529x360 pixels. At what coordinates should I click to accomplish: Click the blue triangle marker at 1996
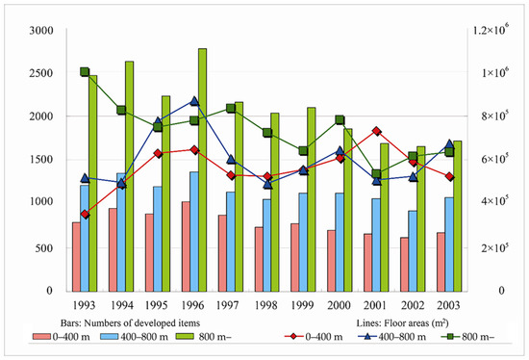tap(194, 100)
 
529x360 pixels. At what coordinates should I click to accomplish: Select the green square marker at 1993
tap(85, 72)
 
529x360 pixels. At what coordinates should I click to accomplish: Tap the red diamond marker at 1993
tap(85, 214)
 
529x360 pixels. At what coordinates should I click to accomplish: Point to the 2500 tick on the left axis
tap(40, 73)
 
